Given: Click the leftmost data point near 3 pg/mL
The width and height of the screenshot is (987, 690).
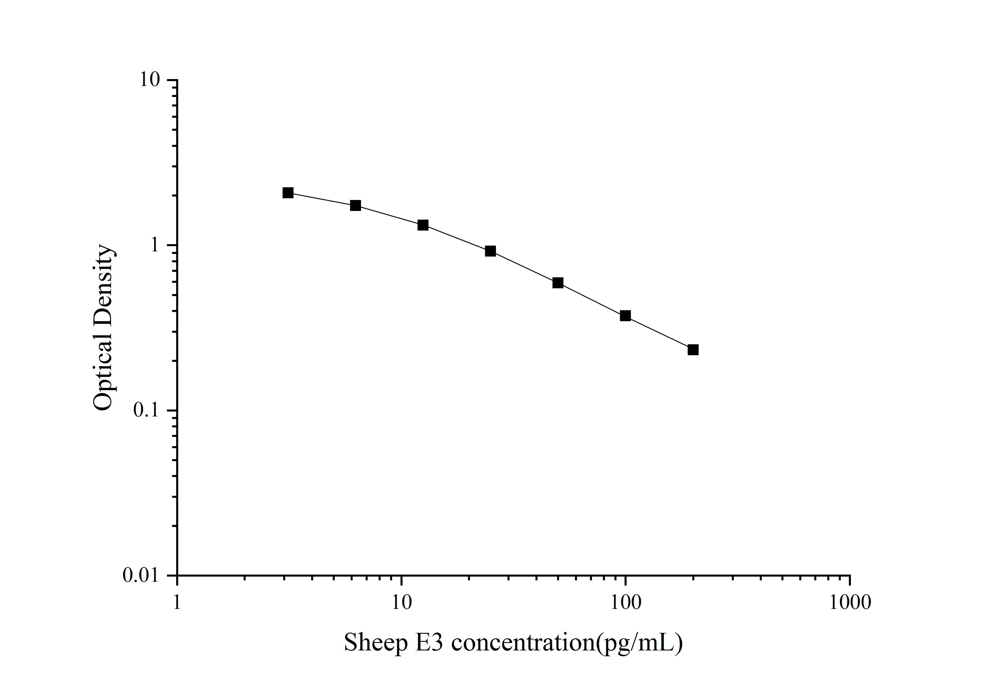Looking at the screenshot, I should [288, 193].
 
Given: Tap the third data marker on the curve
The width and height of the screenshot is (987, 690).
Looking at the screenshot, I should [423, 225].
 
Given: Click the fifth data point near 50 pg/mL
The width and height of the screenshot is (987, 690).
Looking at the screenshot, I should [558, 283].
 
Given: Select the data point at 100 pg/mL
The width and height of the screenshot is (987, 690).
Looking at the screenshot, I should [625, 316].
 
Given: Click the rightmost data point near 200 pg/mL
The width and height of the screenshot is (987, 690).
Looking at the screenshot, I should [693, 350].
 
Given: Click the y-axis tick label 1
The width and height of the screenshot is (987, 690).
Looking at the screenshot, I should [155, 245].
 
